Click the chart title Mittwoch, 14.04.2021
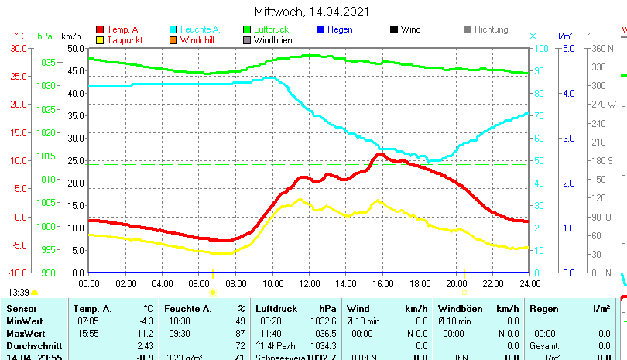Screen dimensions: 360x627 312,12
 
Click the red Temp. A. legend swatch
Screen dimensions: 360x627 100,29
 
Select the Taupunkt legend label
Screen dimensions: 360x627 125,40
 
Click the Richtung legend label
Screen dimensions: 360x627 491,29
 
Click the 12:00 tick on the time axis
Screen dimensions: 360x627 309,283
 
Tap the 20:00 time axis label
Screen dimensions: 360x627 456,283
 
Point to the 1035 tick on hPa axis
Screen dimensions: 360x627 46,62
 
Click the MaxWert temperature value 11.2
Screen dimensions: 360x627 147,332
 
